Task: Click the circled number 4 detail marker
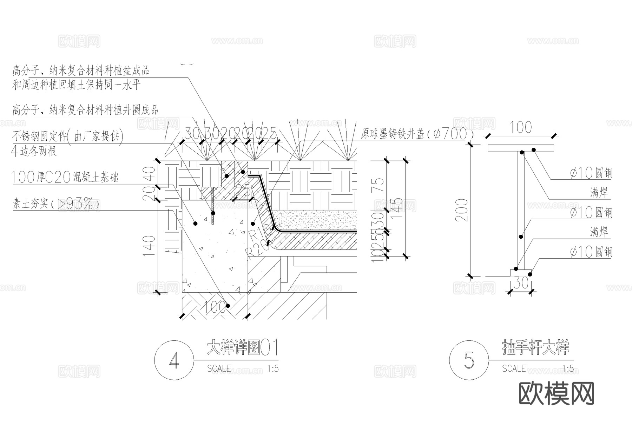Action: pyautogui.click(x=174, y=360)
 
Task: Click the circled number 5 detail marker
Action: pyautogui.click(x=469, y=360)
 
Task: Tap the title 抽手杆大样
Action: pyautogui.click(x=535, y=347)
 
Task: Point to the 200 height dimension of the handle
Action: pyautogui.click(x=463, y=210)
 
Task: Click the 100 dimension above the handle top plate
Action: pyautogui.click(x=520, y=128)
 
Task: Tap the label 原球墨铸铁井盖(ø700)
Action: pyautogui.click(x=417, y=134)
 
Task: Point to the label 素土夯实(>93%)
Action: pyautogui.click(x=55, y=204)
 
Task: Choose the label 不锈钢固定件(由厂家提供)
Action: pyautogui.click(x=68, y=136)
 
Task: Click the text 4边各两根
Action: pyautogui.click(x=34, y=151)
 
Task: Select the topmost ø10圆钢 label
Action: pyautogui.click(x=591, y=173)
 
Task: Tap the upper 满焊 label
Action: pyautogui.click(x=599, y=192)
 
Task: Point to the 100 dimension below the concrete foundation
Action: pyautogui.click(x=215, y=308)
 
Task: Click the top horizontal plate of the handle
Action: pyautogui.click(x=520, y=148)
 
